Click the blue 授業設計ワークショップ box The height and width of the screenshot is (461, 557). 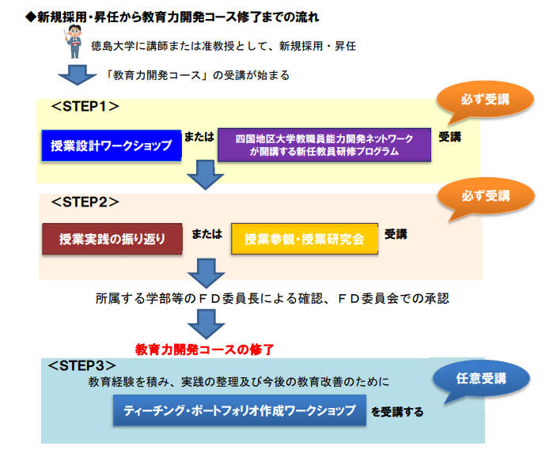point(111,145)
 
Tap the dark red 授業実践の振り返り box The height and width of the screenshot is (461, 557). point(112,239)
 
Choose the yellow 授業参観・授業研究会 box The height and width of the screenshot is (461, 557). point(305,239)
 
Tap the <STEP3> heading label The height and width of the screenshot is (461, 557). point(82,365)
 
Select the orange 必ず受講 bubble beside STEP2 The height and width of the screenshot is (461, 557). point(485,196)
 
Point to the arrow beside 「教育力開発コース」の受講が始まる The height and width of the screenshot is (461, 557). point(77,77)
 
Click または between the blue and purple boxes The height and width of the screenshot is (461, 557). point(199,136)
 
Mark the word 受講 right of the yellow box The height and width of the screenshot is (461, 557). point(396,234)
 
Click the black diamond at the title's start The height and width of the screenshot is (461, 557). point(30,17)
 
